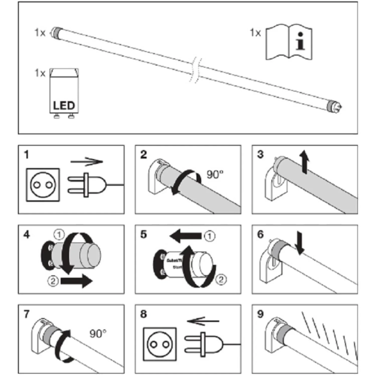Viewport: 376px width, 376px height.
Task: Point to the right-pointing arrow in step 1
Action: coord(86,162)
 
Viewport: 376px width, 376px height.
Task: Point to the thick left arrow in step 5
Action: coord(185,237)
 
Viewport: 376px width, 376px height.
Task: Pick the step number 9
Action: coord(259,313)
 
